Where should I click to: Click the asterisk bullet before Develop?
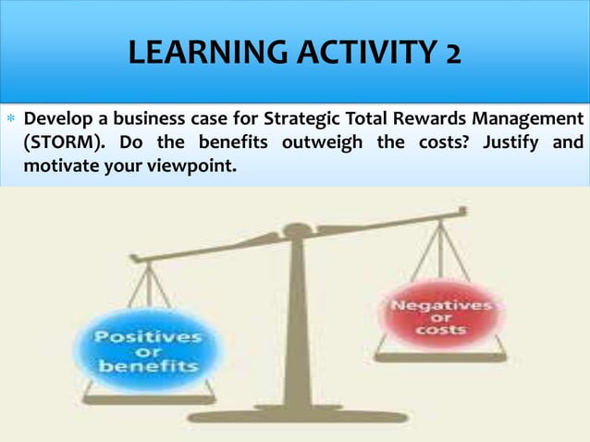(x=11, y=121)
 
